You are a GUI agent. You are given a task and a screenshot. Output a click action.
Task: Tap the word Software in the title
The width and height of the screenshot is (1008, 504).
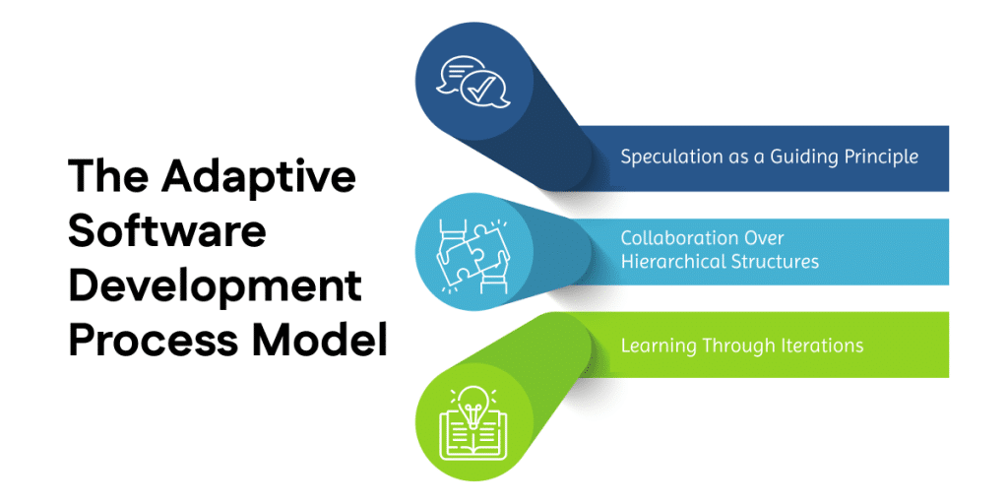[167, 232]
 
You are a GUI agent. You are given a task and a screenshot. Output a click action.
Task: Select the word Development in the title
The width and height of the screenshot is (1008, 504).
[215, 286]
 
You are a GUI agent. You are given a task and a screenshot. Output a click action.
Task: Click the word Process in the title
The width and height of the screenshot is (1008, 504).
[142, 341]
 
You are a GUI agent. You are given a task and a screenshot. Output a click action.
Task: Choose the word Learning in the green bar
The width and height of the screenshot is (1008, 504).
[658, 346]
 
